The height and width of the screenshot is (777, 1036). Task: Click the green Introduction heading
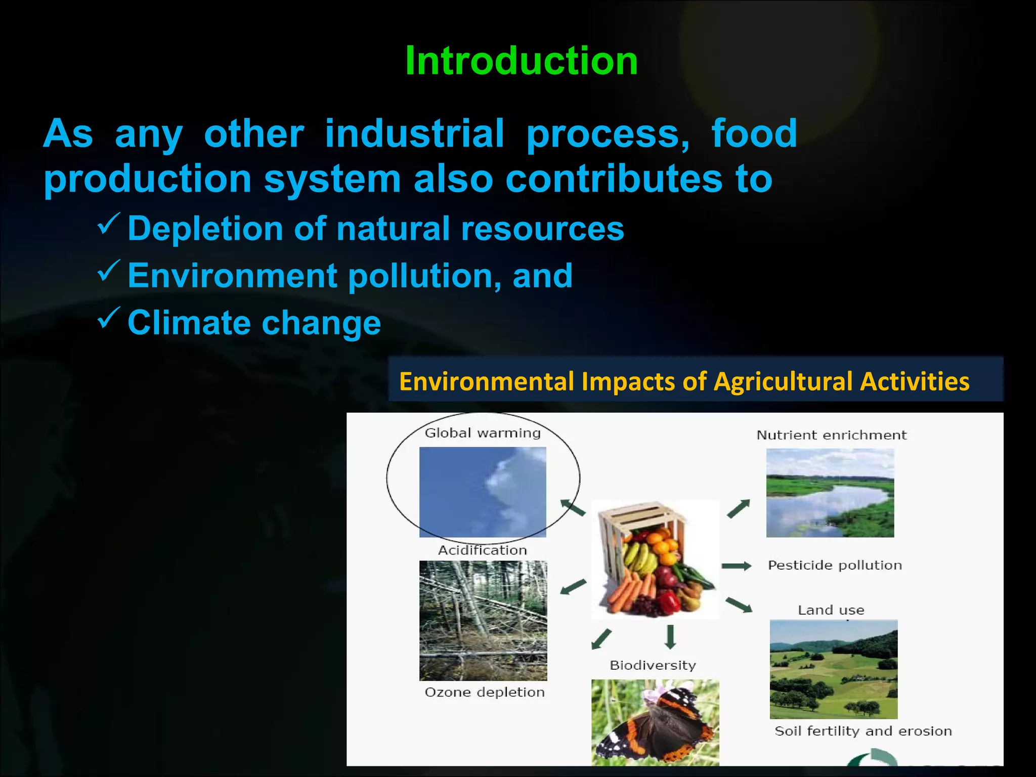(521, 61)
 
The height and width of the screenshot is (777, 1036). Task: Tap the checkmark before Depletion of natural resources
(108, 224)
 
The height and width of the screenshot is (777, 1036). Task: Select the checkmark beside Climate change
(108, 318)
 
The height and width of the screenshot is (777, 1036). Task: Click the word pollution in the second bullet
(420, 276)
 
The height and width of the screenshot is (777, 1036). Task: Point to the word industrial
(414, 134)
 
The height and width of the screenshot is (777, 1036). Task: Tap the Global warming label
(482, 433)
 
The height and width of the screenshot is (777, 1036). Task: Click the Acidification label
(482, 550)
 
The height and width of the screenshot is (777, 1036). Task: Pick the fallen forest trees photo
(483, 621)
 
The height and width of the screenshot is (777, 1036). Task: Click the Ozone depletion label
(484, 692)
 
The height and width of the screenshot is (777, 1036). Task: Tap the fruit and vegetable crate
(655, 559)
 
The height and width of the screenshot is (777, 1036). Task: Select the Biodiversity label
(653, 665)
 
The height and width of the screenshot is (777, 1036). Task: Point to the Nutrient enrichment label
(831, 435)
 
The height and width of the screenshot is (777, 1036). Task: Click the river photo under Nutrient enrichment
(830, 493)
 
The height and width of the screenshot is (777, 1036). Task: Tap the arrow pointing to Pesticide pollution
(736, 566)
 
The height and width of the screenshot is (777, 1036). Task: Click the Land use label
(831, 610)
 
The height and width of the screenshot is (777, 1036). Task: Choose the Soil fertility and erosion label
(863, 731)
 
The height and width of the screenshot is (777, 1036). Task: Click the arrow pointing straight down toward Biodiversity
(670, 637)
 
